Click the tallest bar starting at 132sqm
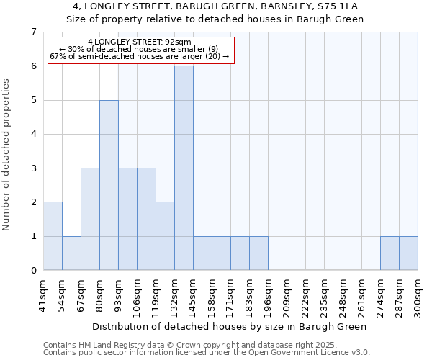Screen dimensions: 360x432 point(184,168)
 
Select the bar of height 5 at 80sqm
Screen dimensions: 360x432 point(109,185)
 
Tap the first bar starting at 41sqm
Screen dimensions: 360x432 point(53,236)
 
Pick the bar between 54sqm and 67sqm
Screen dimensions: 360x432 point(71,253)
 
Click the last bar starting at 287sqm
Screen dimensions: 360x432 point(408,253)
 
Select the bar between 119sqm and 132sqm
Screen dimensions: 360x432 point(165,236)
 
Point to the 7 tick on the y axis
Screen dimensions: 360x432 point(33,32)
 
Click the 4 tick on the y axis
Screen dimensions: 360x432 point(33,135)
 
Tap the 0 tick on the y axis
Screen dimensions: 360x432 point(33,271)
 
